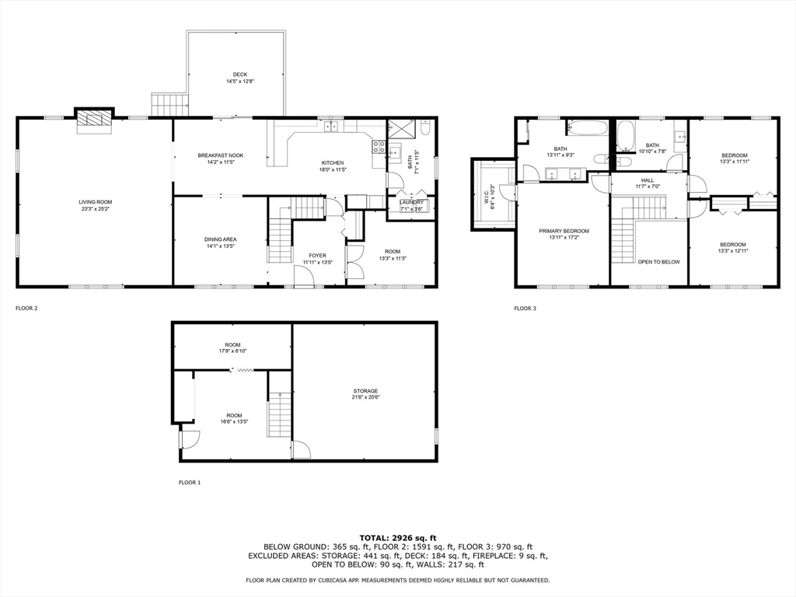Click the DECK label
coord(240,75)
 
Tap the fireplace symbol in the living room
coord(94,120)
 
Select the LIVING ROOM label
coord(96,202)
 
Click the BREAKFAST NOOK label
coord(220,155)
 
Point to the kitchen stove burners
coord(379,147)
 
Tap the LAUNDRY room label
coord(411,202)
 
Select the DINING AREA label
coord(220,239)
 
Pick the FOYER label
coord(318,256)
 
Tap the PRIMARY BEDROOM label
coord(564,231)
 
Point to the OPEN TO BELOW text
coord(659,262)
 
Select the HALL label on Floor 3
coord(648,180)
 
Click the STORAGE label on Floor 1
coord(365,391)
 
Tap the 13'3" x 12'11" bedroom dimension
coord(733,251)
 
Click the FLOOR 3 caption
coord(525,308)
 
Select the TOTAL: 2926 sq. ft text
coord(398,538)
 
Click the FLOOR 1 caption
coord(190,483)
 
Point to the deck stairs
coord(170,105)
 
